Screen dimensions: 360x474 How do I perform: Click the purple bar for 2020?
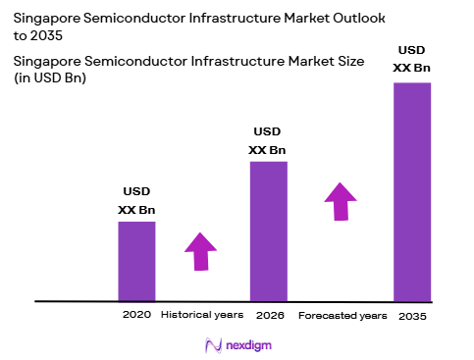(136, 261)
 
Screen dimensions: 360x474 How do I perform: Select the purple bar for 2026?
(268, 231)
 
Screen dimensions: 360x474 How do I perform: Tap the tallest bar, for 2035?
(411, 191)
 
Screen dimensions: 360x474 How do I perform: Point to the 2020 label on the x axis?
(135, 316)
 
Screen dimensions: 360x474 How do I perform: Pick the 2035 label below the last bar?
(412, 316)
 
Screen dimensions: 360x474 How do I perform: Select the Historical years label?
(200, 316)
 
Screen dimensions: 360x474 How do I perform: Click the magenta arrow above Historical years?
(200, 251)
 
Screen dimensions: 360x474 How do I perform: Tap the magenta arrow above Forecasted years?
(341, 201)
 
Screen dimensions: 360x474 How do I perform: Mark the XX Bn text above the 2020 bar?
(136, 209)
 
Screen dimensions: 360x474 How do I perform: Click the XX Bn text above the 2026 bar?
(268, 149)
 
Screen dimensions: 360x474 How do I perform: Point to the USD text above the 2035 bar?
(411, 50)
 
